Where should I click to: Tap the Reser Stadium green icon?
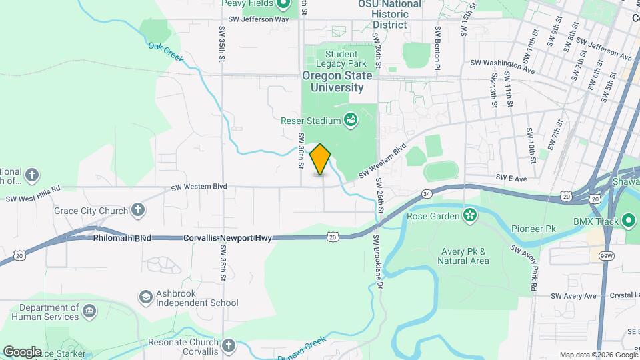coord(350,121)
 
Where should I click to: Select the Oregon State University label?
coord(333,81)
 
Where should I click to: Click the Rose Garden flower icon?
coord(471,215)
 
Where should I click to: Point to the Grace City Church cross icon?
coord(138,211)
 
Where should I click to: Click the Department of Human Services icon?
coord(89,311)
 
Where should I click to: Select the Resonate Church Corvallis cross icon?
coord(229,345)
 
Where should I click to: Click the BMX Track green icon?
coord(629,221)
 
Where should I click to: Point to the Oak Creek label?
coord(166,53)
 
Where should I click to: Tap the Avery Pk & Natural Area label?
coord(465,256)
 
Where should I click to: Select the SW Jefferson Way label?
coord(258,19)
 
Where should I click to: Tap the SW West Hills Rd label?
coord(33,198)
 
